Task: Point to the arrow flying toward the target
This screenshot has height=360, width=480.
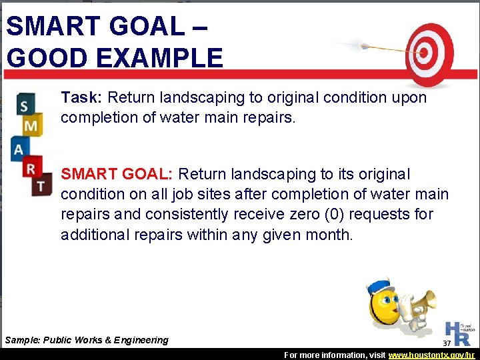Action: click(373, 47)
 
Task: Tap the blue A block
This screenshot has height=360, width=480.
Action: click(19, 147)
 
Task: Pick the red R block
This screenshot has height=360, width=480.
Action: click(31, 168)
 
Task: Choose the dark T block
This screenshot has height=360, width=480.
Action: click(41, 185)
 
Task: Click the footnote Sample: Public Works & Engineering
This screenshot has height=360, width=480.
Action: click(87, 340)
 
